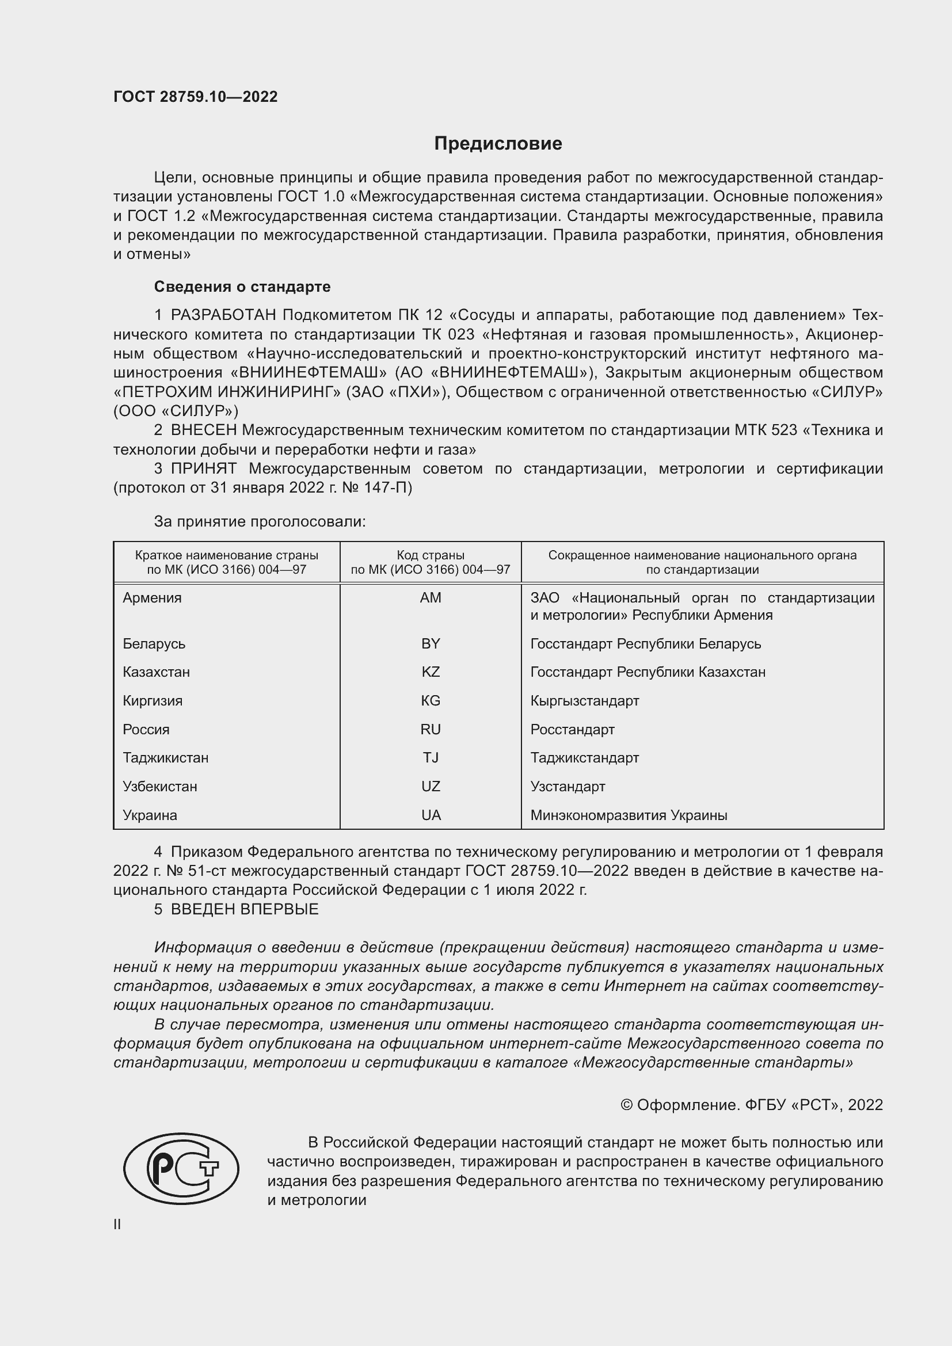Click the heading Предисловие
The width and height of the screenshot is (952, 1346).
point(498,144)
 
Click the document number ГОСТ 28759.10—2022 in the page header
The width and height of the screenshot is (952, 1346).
point(195,97)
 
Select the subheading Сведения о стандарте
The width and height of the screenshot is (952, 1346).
point(242,287)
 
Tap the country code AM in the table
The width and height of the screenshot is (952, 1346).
point(431,598)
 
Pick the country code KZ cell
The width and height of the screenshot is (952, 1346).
point(431,672)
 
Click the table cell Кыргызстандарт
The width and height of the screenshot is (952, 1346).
point(584,700)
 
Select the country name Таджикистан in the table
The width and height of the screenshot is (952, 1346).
point(165,757)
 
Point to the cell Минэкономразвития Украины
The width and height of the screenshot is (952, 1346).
point(629,815)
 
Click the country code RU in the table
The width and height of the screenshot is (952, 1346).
point(431,729)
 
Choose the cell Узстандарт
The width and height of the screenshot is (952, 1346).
point(568,786)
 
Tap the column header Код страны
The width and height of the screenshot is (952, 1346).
point(431,555)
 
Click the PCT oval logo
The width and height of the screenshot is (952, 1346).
point(181,1169)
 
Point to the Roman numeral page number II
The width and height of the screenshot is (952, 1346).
point(117,1224)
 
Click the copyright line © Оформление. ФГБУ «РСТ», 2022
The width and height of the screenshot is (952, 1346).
point(751,1104)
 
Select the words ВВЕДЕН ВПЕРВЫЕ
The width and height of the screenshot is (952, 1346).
point(245,909)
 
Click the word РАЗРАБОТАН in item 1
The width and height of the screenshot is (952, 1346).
point(223,315)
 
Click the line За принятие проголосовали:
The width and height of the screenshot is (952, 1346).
point(260,522)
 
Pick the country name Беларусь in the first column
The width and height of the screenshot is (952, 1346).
point(154,644)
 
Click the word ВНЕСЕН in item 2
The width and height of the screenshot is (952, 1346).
point(203,430)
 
